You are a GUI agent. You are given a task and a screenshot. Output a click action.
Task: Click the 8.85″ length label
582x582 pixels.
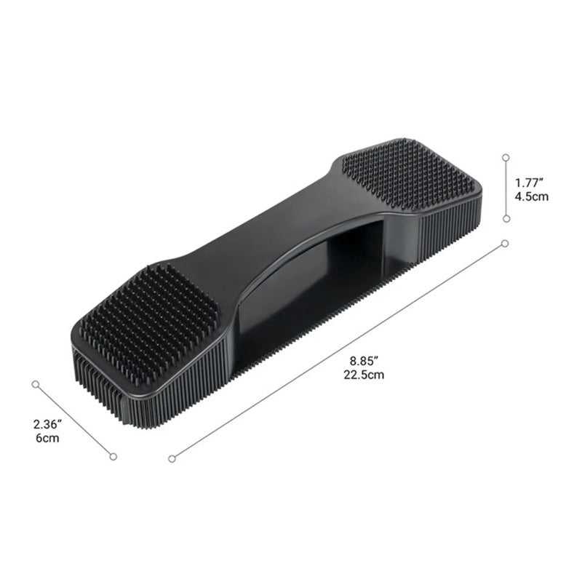pos(364,360)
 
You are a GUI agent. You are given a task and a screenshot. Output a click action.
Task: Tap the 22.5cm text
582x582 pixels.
pos(364,375)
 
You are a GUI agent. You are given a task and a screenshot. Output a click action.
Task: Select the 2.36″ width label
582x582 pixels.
pos(47,424)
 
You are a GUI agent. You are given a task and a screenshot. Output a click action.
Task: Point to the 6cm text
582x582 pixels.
pos(47,438)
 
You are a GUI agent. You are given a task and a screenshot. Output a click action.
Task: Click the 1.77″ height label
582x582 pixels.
pos(529,183)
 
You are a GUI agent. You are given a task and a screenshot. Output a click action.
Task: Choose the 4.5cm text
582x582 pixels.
pos(531,196)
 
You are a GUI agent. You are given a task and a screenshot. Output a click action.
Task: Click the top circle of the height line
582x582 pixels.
pos(506,157)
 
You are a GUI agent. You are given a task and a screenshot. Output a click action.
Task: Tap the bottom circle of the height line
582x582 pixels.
pos(506,219)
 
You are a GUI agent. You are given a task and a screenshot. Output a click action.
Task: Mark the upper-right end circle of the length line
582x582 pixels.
pos(505,244)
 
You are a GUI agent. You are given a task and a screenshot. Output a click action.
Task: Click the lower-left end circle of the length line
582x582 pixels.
pos(172,459)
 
